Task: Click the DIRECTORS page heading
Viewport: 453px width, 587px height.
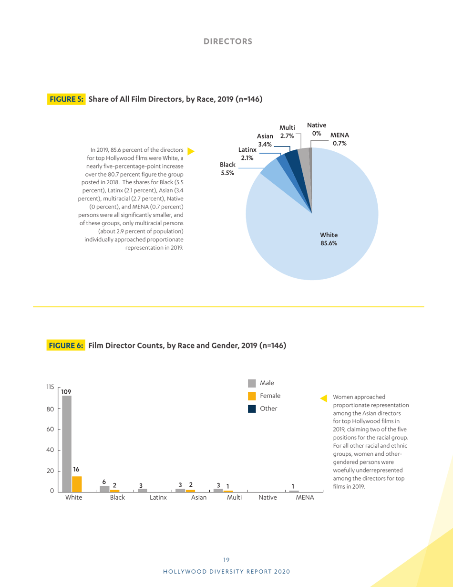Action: click(228, 41)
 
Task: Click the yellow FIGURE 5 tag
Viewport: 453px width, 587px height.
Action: click(66, 99)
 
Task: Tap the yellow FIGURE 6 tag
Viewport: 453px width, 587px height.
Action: click(66, 346)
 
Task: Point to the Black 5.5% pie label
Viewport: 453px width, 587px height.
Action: click(227, 168)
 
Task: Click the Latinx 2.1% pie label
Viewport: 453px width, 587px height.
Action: click(247, 154)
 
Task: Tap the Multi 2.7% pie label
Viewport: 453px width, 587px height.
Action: click(287, 132)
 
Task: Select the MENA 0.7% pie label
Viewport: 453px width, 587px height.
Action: click(340, 139)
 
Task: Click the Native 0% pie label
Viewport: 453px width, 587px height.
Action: click(317, 129)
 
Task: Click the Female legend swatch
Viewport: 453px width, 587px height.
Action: click(252, 396)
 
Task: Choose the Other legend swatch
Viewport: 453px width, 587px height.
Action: click(252, 409)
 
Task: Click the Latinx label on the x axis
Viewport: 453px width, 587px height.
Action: click(158, 497)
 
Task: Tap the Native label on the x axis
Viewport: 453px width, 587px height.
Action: click(268, 497)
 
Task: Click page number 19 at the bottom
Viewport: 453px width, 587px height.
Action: click(226, 559)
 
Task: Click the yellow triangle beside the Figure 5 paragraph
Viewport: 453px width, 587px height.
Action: click(191, 151)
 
